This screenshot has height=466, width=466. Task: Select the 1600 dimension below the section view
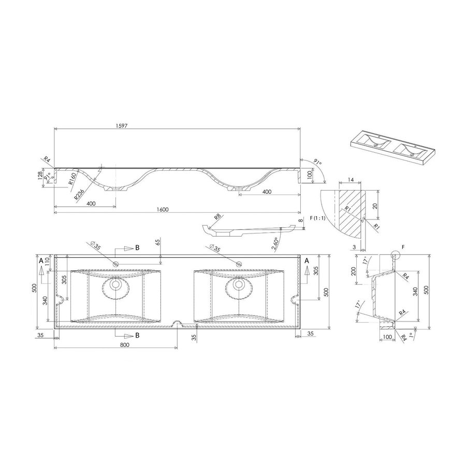(x=162, y=209)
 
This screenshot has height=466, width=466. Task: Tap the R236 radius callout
(x=79, y=194)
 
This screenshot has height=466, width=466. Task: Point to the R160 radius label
(x=72, y=179)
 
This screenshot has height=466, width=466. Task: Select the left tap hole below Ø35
(x=115, y=265)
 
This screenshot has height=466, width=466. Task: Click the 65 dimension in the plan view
(x=156, y=242)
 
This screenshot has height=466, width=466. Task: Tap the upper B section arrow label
(x=137, y=248)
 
